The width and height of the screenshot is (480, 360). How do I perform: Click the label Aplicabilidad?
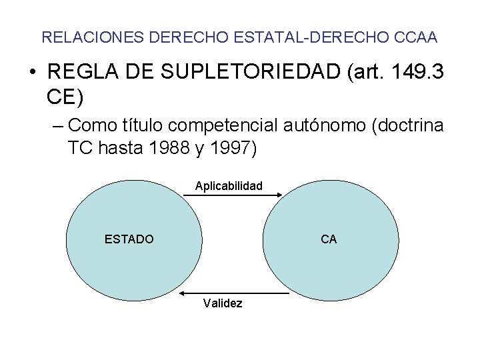click(x=229, y=186)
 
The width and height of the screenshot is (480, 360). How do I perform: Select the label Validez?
click(x=223, y=304)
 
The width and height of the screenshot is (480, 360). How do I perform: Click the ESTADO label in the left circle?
click(x=129, y=239)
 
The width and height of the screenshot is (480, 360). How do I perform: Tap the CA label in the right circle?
click(x=329, y=239)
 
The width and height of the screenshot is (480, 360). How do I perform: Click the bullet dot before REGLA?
click(x=33, y=73)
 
